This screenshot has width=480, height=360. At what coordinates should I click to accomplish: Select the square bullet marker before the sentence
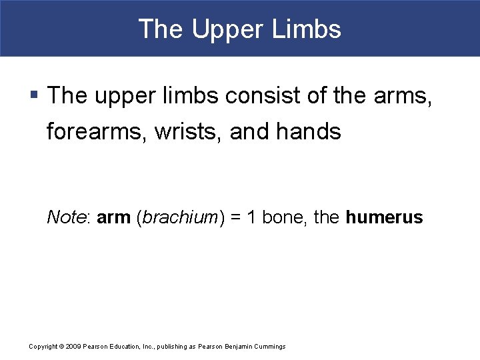tap(35, 95)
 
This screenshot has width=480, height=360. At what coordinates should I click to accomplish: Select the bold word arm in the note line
tap(113, 217)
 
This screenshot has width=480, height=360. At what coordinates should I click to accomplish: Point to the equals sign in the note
tap(236, 218)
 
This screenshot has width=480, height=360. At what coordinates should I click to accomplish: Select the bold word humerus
tap(385, 217)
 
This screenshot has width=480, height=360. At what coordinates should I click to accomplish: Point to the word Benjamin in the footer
tap(241, 347)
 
